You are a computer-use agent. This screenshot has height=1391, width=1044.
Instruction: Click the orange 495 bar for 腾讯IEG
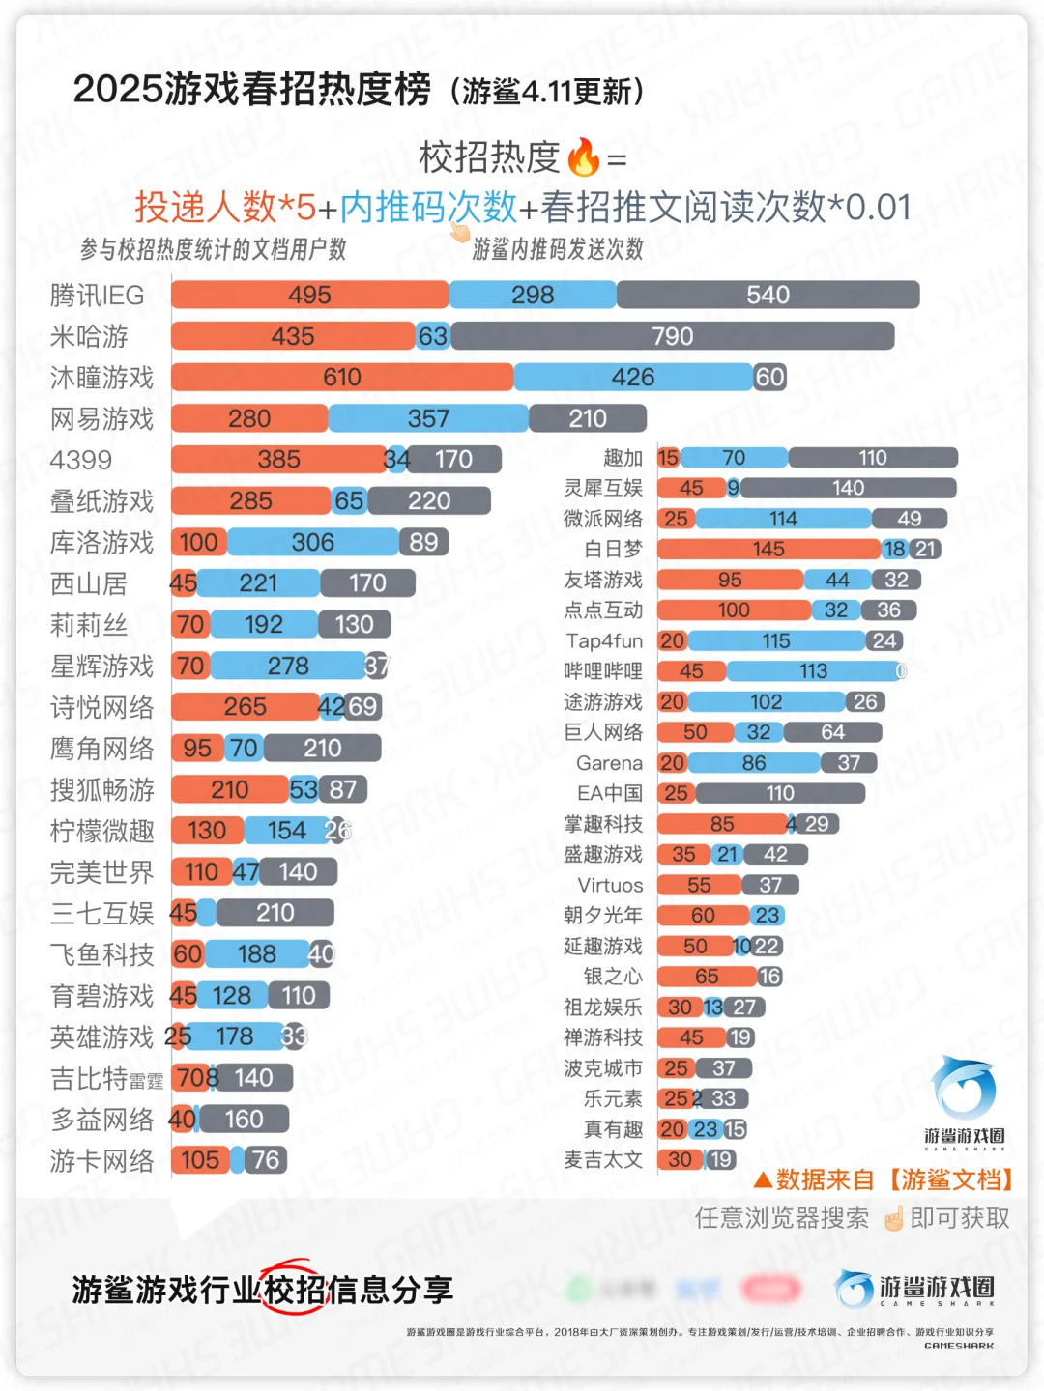point(309,295)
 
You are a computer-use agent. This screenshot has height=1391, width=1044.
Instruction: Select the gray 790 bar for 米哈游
point(672,336)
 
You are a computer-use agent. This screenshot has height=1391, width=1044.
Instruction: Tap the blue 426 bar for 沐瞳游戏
point(633,377)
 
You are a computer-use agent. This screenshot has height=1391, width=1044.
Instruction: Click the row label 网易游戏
point(101,419)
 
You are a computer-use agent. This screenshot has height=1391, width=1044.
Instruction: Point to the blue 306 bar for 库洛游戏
point(313,542)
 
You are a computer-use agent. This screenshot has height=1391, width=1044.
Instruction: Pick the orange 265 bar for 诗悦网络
point(245,707)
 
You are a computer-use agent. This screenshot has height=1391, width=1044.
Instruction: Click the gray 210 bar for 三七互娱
point(275,913)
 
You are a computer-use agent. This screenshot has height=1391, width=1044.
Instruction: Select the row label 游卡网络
point(101,1160)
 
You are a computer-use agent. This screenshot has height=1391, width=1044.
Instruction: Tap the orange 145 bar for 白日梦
point(768,549)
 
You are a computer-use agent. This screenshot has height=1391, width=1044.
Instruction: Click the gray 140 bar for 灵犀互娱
point(848,488)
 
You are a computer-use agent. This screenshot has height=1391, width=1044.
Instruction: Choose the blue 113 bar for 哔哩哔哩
point(813,671)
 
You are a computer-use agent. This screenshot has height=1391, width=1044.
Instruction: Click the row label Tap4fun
point(604,641)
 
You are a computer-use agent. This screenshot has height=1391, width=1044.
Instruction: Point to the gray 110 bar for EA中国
point(780,793)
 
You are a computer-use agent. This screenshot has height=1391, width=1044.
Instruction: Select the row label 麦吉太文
point(603,1159)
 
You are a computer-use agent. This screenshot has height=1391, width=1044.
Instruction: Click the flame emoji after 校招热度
point(583,156)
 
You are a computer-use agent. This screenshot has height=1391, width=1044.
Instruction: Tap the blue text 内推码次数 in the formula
point(428,207)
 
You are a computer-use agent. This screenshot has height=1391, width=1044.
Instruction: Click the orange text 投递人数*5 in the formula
point(224,207)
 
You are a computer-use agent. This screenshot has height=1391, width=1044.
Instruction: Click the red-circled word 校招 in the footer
point(294,1290)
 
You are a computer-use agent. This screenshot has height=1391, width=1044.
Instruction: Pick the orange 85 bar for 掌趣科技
point(722,824)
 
